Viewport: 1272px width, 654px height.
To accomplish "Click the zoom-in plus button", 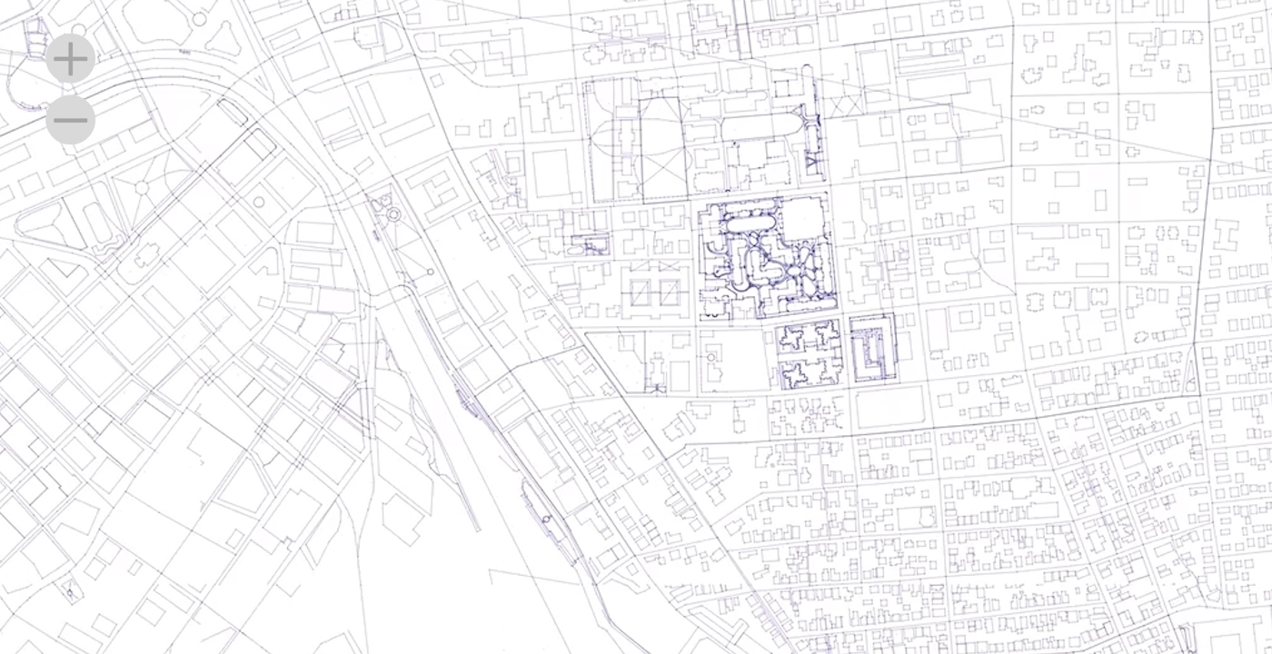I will click(x=70, y=59).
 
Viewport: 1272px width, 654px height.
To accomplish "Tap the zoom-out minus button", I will click(x=70, y=119).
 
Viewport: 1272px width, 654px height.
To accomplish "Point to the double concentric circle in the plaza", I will click(x=393, y=215).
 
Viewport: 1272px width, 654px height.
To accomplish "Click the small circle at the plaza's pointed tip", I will click(x=431, y=272).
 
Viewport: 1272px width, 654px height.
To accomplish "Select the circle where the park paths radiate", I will click(x=142, y=188).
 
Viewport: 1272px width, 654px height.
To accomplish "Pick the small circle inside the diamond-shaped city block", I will click(x=259, y=202).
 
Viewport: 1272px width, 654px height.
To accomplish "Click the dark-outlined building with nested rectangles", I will click(x=873, y=348).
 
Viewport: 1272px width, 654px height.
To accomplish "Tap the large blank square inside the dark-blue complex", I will click(x=803, y=218).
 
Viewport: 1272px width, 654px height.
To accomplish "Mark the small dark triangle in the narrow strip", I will click(x=813, y=165).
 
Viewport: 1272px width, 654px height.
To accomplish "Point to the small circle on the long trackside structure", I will click(x=546, y=520).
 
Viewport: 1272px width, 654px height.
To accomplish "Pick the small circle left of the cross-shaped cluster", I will click(x=711, y=357).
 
